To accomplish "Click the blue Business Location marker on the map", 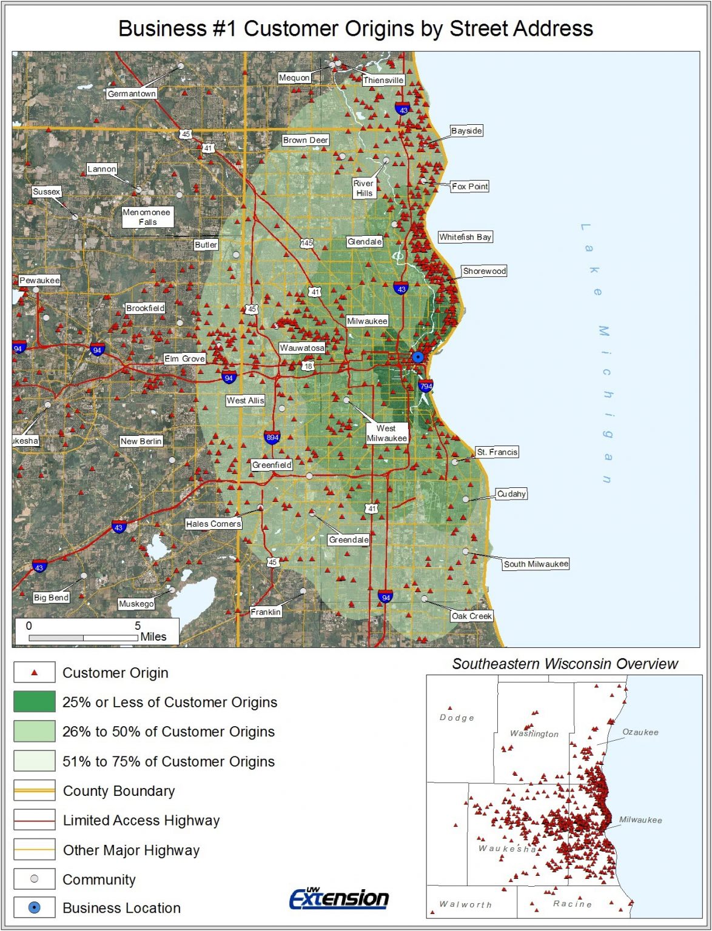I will [x=418, y=357].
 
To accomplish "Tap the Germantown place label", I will [x=132, y=94].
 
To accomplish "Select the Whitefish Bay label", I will [x=465, y=237].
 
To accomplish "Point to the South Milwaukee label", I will [x=536, y=564].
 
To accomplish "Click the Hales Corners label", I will [x=213, y=524].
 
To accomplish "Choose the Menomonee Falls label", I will [x=147, y=217].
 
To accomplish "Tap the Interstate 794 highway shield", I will [x=426, y=386].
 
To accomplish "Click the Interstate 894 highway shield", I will [x=272, y=438].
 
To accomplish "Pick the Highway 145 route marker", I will [x=307, y=243].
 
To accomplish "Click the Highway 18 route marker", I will [x=308, y=366].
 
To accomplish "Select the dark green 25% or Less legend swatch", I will [x=35, y=702].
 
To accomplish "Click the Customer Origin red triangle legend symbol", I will [x=35, y=673].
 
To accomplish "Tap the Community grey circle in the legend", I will [x=35, y=879].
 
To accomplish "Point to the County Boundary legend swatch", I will [x=35, y=790].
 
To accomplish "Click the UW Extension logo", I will [x=339, y=898].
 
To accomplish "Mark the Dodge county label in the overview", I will [x=457, y=718].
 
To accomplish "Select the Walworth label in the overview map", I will [x=465, y=905].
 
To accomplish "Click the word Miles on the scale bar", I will [x=153, y=637].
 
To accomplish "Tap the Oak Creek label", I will [x=471, y=616].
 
